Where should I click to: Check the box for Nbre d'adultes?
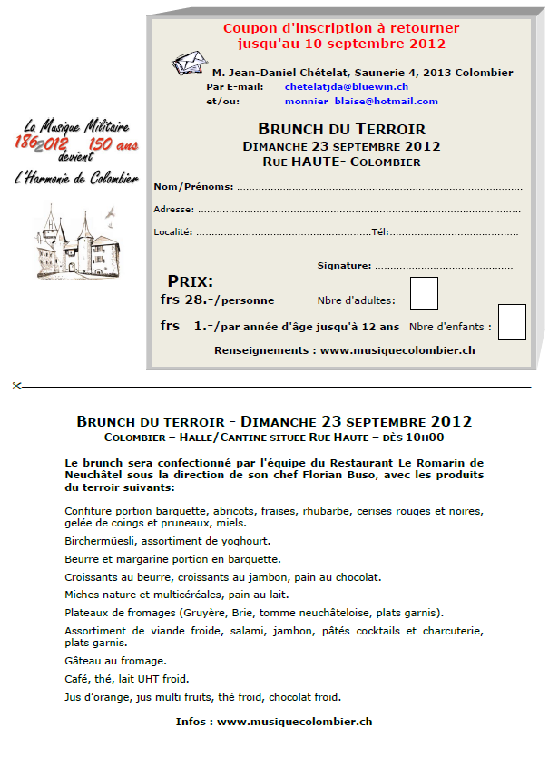pyautogui.click(x=424, y=293)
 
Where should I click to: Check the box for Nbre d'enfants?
pyautogui.click(x=512, y=322)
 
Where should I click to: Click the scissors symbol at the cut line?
pyautogui.click(x=16, y=386)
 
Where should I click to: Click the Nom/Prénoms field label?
pyautogui.click(x=193, y=187)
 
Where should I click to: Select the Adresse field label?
pyautogui.click(x=173, y=210)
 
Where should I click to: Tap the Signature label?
pyautogui.click(x=344, y=266)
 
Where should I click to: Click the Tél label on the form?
pyautogui.click(x=379, y=231)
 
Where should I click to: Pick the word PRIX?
pyautogui.click(x=191, y=281)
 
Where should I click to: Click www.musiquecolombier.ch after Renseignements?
pyautogui.click(x=397, y=349)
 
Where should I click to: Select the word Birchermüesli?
pyautogui.click(x=99, y=540)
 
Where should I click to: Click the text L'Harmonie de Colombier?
pyautogui.click(x=76, y=179)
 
